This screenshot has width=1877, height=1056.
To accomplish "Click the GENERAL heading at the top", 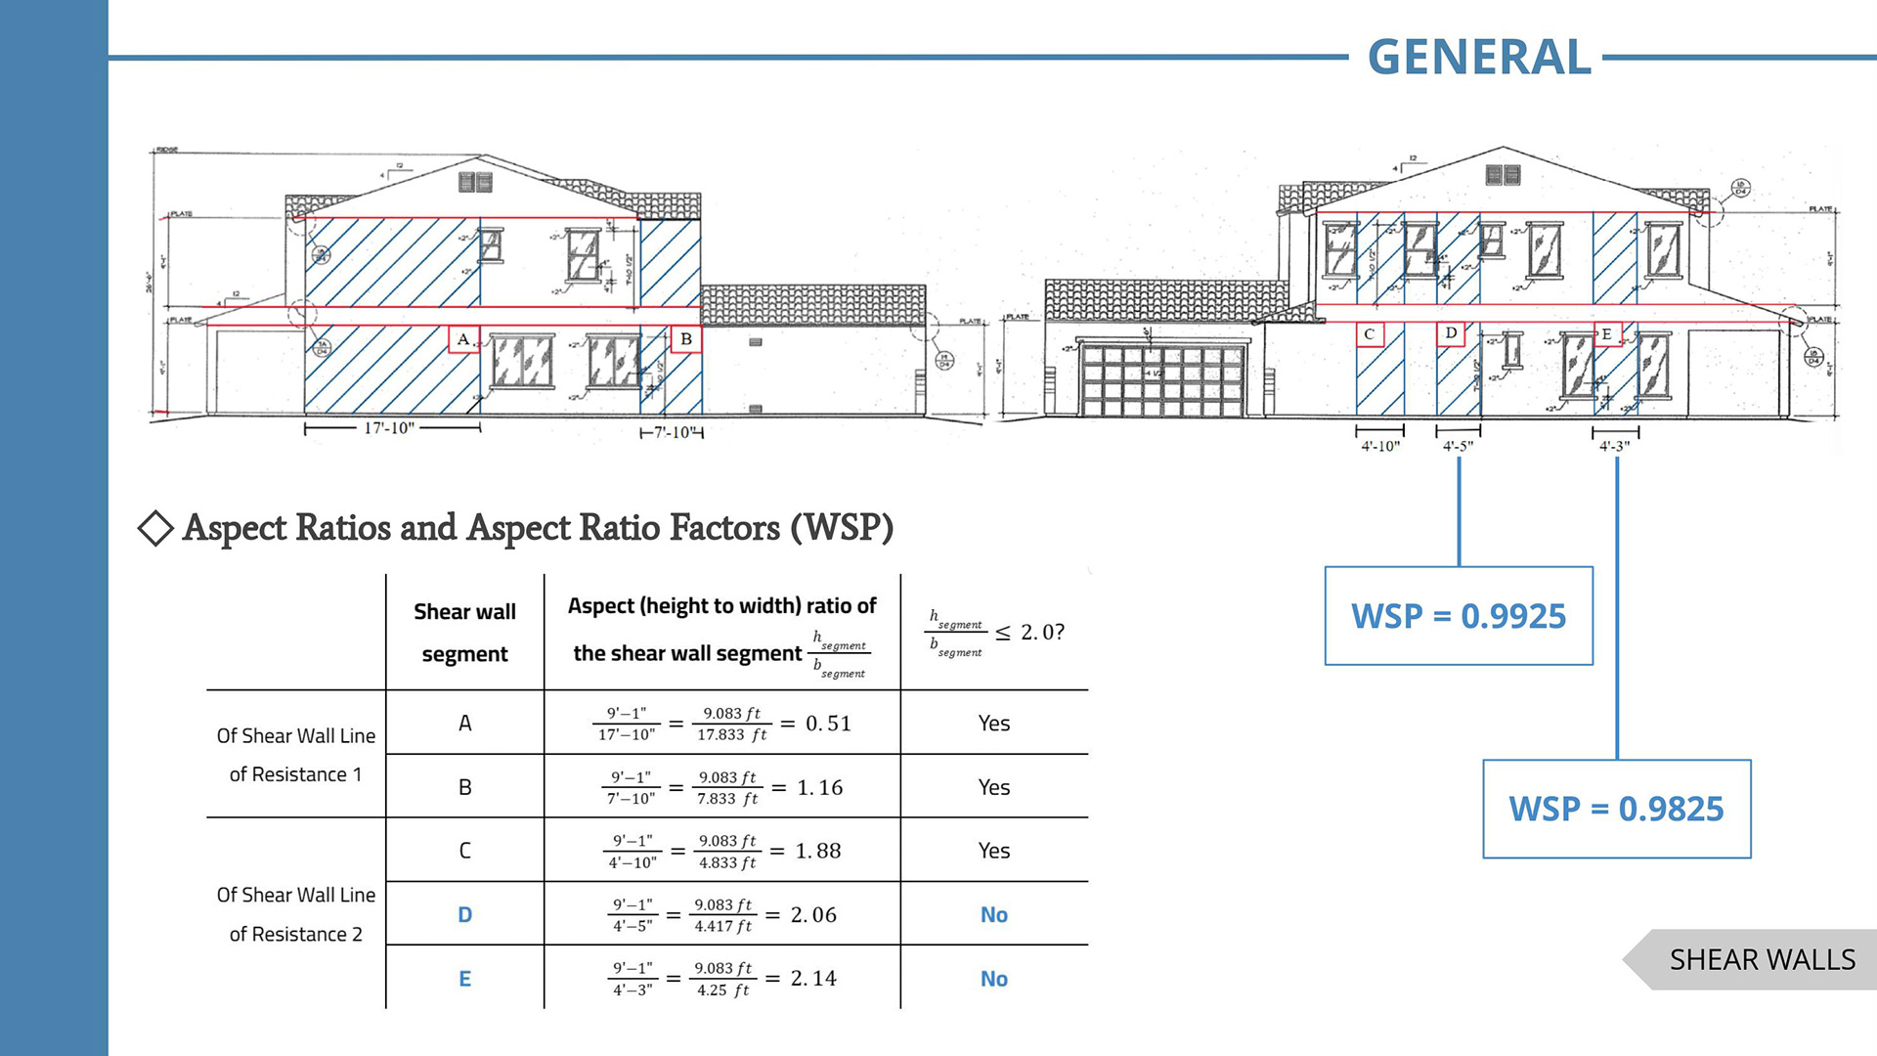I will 1478,57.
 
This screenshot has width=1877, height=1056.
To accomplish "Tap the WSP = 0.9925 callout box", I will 1458,616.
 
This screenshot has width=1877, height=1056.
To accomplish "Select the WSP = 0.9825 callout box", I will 1616,809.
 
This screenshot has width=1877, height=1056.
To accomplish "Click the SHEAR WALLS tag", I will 1761,959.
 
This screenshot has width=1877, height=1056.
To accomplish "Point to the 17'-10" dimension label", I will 389,428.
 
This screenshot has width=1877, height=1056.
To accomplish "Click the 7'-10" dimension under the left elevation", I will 673,432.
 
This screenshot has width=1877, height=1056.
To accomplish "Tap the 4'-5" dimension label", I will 1458,446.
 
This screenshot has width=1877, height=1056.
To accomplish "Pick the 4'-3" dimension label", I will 1614,446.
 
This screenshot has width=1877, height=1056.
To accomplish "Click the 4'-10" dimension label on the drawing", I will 1380,446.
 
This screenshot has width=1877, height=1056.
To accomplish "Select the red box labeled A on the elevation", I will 463,339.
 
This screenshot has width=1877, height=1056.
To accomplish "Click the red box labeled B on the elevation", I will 686,339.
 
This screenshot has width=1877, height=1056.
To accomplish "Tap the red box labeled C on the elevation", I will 1369,333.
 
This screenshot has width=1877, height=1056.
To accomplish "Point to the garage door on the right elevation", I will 1161,379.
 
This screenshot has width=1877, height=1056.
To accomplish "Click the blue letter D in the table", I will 465,914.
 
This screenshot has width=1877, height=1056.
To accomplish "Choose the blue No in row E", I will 993,979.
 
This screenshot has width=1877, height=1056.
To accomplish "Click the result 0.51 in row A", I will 828,724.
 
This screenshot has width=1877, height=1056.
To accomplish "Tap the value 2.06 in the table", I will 813,914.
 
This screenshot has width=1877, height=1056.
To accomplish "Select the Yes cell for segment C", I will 993,851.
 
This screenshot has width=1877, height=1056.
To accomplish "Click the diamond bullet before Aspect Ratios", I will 155,528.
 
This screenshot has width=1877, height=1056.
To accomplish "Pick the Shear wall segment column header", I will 464,633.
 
